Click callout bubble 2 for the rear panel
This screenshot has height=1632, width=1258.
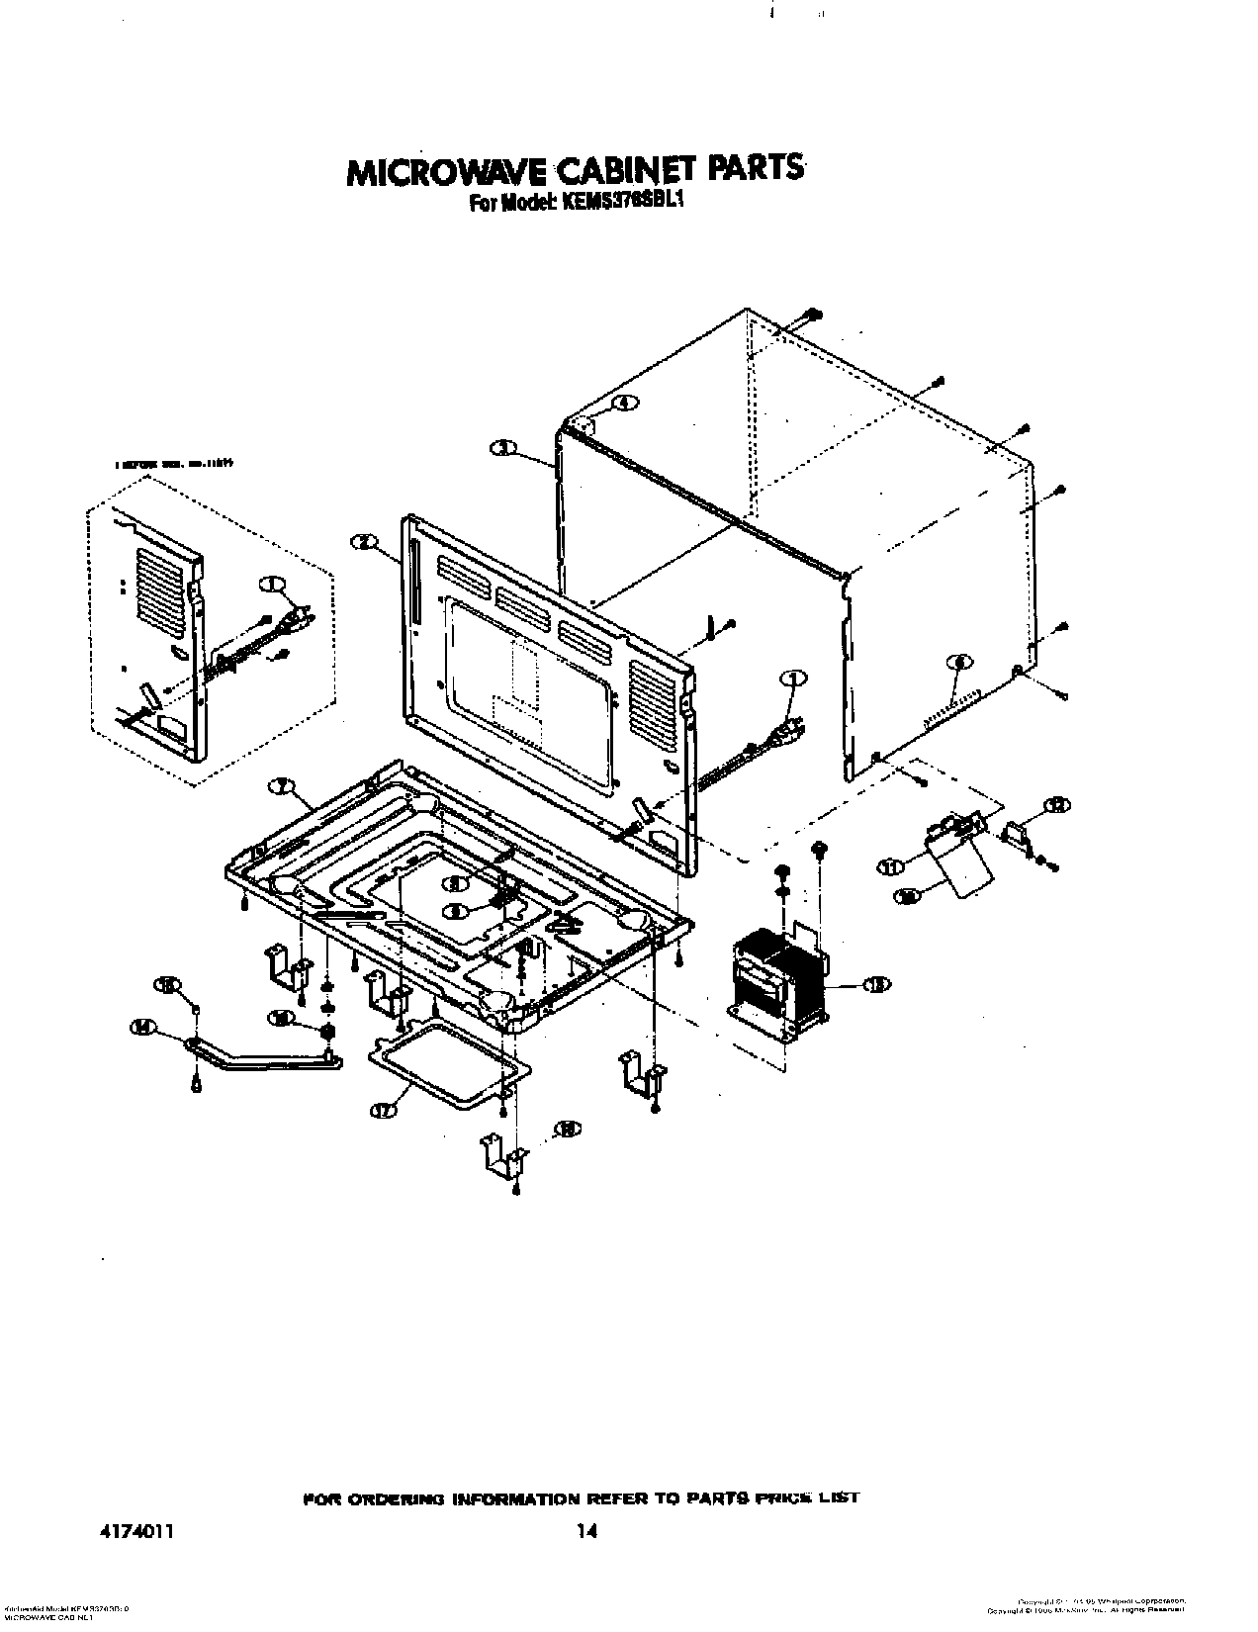(364, 541)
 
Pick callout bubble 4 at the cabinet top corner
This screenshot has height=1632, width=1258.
(624, 403)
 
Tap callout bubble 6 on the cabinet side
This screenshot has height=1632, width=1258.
(957, 662)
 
